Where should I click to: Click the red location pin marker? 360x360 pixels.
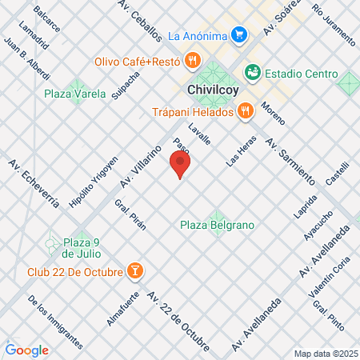180,165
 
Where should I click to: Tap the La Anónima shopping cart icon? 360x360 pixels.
238,35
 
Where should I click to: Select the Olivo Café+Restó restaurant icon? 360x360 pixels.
192,61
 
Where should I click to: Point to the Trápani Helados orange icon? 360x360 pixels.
245,112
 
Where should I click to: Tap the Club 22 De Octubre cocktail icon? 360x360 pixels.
136,271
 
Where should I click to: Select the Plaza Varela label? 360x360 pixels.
75,94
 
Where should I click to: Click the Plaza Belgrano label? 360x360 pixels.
217,225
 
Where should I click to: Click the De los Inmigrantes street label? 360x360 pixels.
54,322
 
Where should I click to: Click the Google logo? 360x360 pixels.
26,350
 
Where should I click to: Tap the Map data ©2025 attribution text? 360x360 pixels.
326,354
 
